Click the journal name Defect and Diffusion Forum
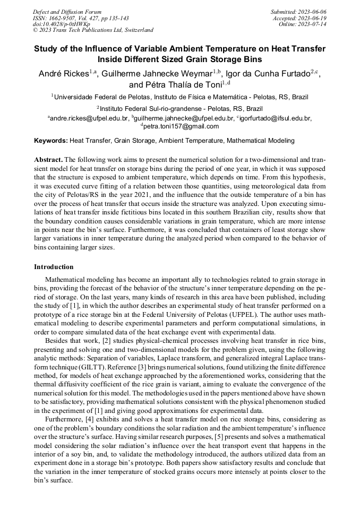pyautogui.click(x=67, y=12)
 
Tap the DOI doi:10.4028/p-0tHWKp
pyautogui.click(x=61, y=24)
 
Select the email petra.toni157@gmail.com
pyautogui.click(x=181, y=126)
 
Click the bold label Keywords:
pyautogui.click(x=51, y=141)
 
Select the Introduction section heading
pyautogui.click(x=54, y=266)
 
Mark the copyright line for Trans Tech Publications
pyautogui.click(x=93, y=31)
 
